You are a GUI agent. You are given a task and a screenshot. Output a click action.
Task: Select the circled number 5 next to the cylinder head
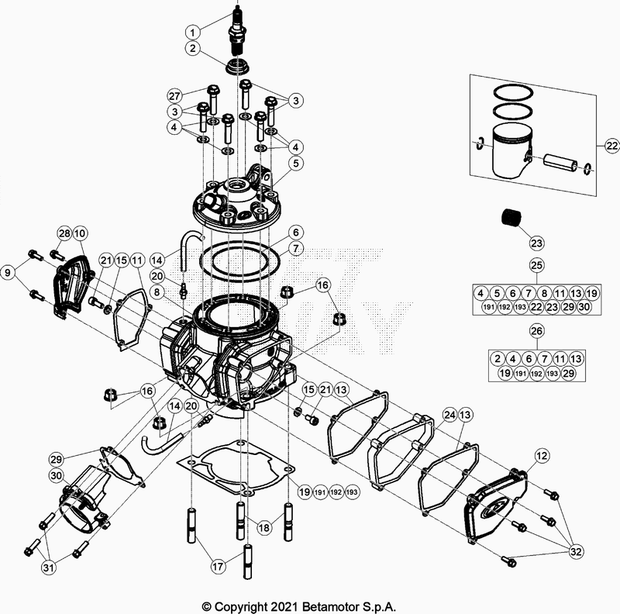pyautogui.click(x=295, y=164)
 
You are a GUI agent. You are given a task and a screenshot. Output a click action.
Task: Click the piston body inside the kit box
pyautogui.click(x=511, y=152)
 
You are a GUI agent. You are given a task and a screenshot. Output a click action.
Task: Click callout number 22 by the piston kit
pyautogui.click(x=611, y=146)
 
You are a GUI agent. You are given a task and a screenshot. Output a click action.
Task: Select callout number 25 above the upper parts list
pyautogui.click(x=534, y=265)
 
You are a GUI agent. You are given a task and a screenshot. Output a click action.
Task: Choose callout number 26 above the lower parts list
pyautogui.click(x=534, y=332)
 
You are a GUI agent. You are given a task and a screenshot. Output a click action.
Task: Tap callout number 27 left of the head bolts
pyautogui.click(x=174, y=95)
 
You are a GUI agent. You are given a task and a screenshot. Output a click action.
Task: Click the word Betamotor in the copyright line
pyautogui.click(x=344, y=605)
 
